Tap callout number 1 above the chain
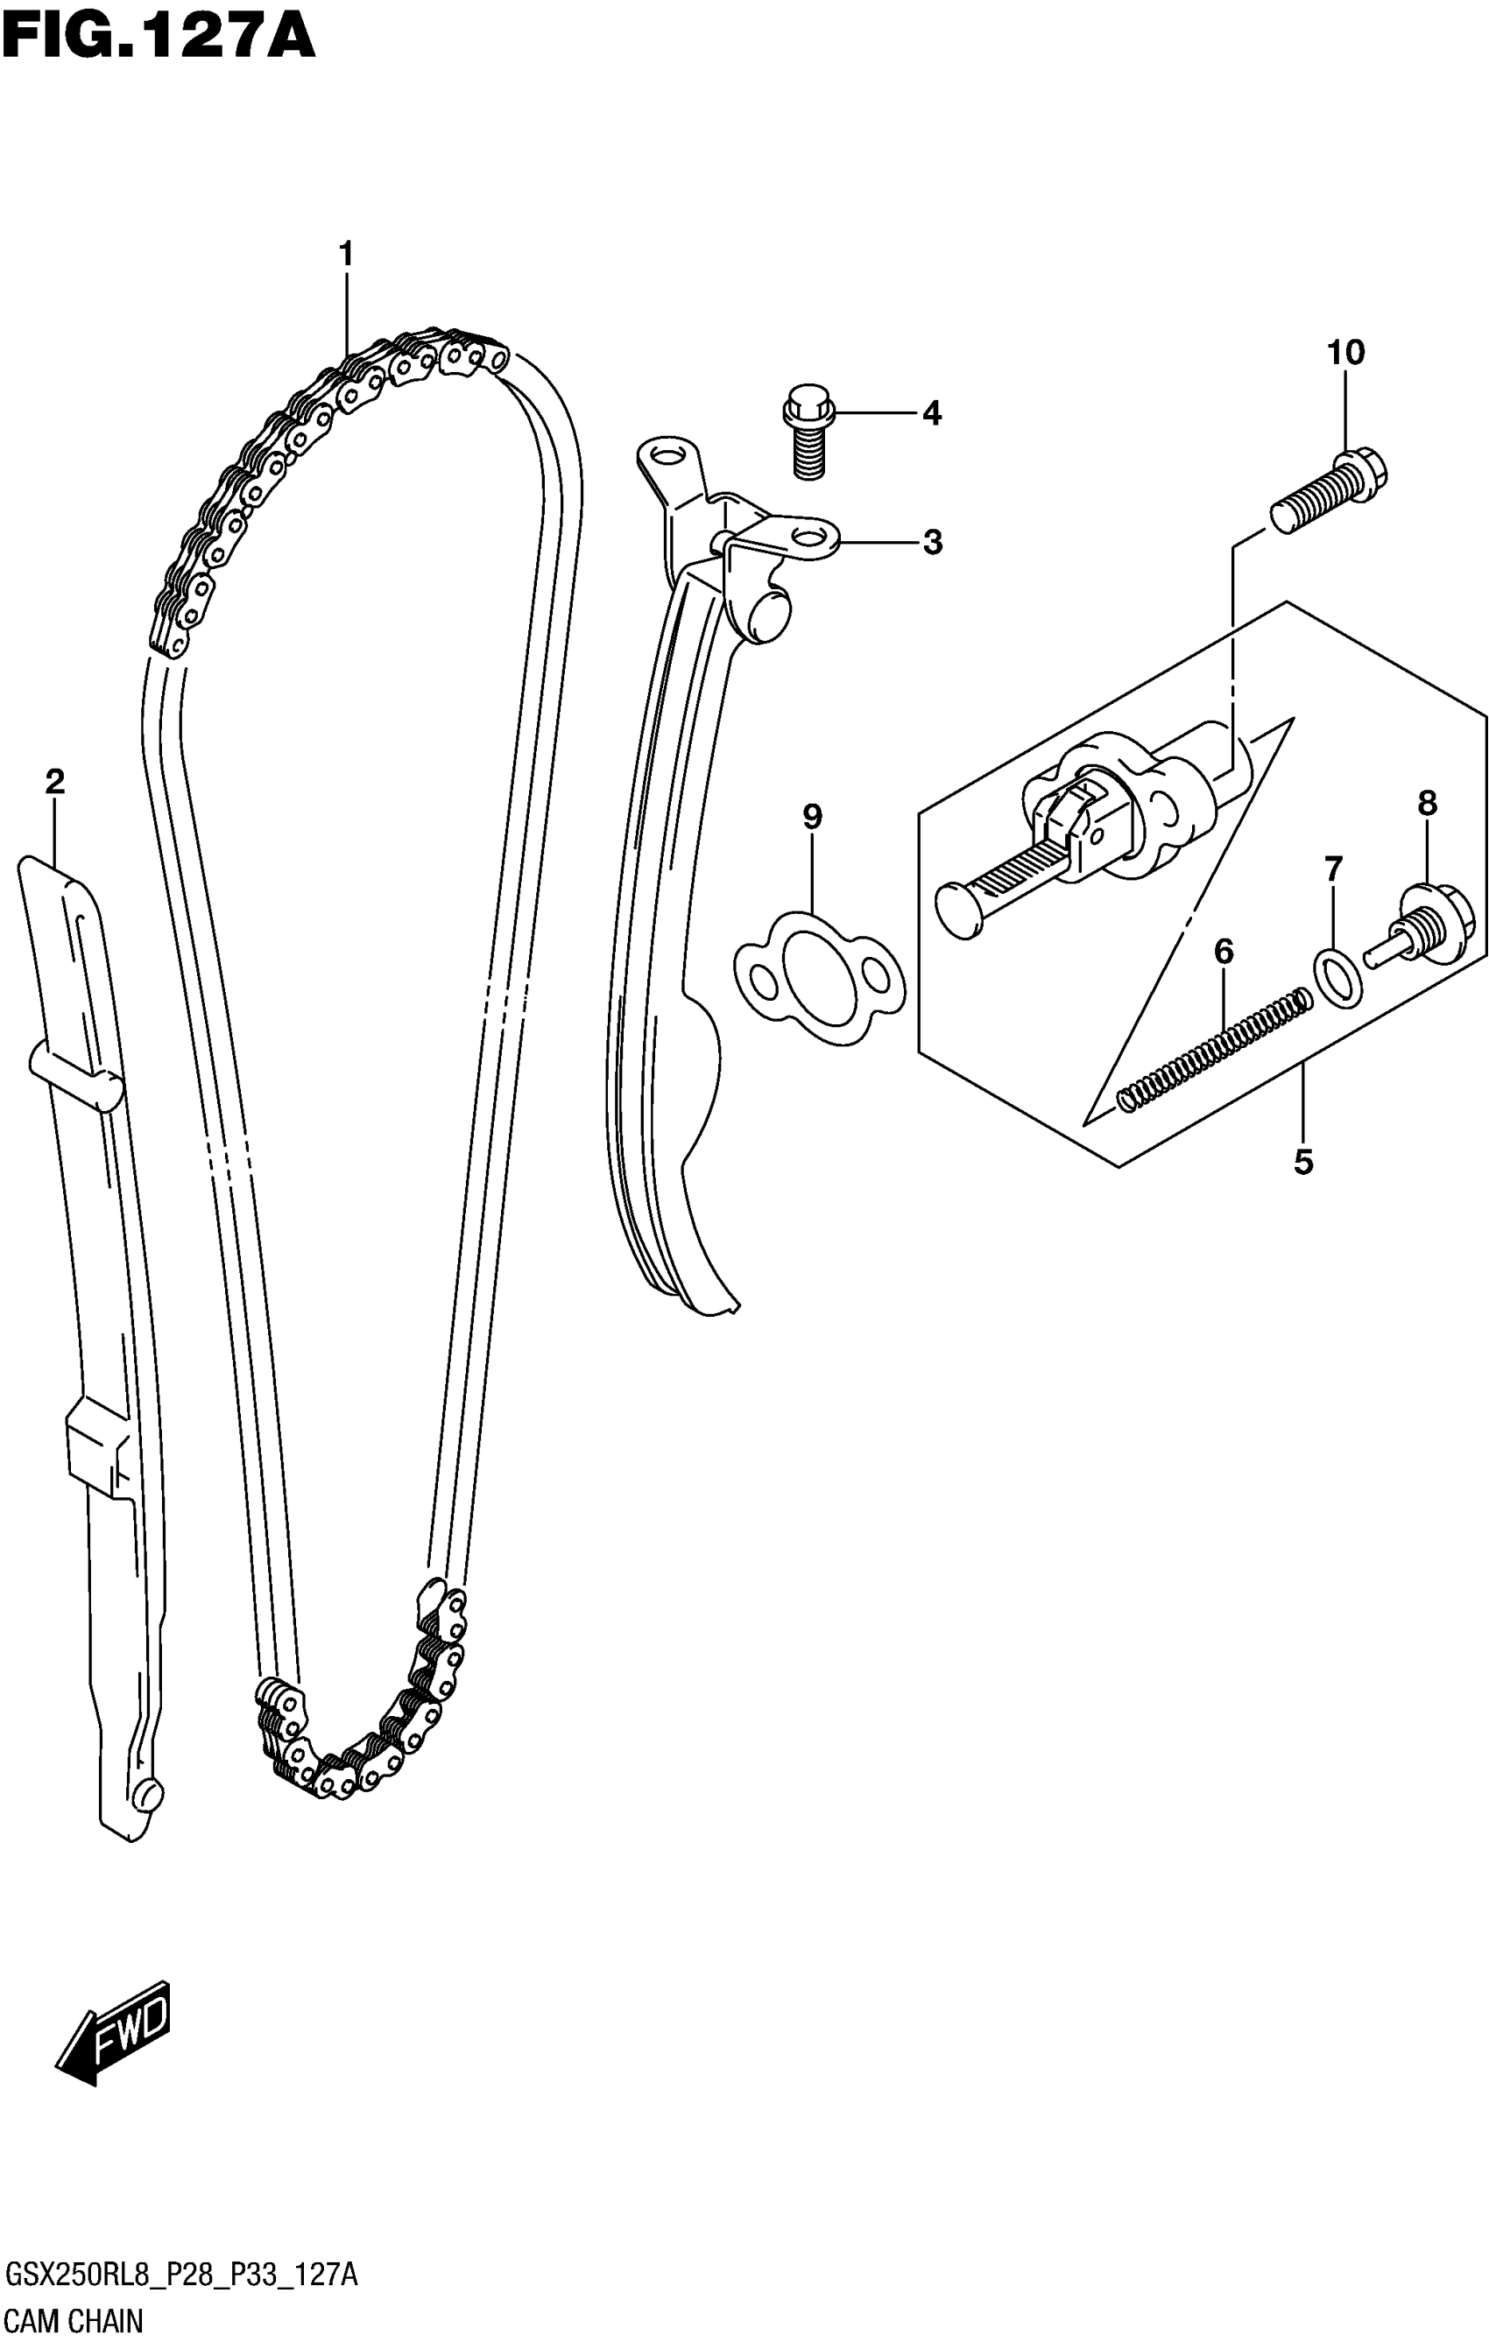pos(345,255)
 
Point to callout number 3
pos(933,542)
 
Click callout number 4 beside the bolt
pos(932,413)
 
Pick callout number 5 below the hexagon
pos(1303,1162)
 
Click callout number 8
pos(1428,804)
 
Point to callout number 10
pos(1345,352)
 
